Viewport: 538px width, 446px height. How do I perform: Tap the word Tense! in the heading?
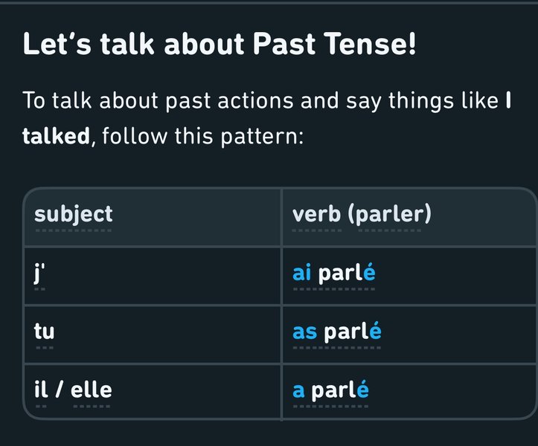[370, 44]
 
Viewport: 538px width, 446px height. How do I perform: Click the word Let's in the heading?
[57, 44]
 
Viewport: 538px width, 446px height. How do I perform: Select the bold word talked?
[56, 136]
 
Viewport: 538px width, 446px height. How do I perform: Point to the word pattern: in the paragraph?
[262, 137]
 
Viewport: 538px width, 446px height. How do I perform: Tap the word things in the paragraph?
[415, 102]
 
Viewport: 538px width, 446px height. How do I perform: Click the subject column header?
[74, 215]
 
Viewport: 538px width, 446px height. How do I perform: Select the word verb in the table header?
[316, 214]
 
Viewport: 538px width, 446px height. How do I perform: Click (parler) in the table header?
[389, 215]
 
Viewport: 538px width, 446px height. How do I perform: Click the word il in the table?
[39, 389]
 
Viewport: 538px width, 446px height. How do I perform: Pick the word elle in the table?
[92, 389]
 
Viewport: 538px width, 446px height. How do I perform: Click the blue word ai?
[302, 273]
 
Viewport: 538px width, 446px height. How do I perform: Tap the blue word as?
[304, 332]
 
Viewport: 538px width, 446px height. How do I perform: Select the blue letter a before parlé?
[298, 390]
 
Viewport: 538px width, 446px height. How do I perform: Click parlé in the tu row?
[353, 332]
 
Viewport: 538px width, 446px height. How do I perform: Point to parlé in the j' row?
[347, 274]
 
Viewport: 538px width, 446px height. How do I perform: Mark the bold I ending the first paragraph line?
[508, 101]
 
